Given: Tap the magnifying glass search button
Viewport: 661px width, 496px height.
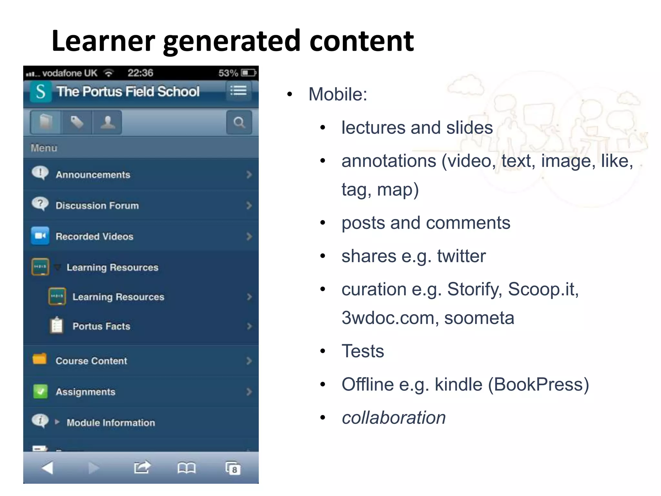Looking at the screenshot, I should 239,122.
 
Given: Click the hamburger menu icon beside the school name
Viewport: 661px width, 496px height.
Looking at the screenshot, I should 238,91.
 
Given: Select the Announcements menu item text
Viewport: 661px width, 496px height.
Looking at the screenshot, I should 93,175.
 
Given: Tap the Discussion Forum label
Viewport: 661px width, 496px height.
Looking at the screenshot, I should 97,206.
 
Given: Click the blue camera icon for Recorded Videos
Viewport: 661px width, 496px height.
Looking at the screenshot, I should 40,236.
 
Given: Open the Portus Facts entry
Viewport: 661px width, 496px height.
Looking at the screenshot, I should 101,326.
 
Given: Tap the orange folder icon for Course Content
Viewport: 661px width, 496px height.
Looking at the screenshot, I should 40,359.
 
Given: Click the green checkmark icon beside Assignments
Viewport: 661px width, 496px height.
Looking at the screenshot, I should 40,391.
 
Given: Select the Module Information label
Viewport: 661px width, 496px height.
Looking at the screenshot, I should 111,423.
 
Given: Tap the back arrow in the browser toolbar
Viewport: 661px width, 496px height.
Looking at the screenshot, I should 48,468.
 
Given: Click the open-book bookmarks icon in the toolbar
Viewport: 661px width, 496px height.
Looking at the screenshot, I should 186,468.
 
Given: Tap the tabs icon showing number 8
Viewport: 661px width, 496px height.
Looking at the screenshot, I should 233,468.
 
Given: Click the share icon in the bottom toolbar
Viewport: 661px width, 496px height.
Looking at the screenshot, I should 142,467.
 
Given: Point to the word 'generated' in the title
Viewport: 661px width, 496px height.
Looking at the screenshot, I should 232,41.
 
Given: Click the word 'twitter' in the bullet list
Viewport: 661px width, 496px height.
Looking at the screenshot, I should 461,256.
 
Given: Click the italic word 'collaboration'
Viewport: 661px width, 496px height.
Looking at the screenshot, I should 394,418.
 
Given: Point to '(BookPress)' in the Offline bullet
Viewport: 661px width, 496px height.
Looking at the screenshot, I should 538,385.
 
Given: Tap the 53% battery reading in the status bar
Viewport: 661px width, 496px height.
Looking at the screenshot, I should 228,73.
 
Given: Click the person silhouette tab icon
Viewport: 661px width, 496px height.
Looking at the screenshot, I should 107,122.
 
